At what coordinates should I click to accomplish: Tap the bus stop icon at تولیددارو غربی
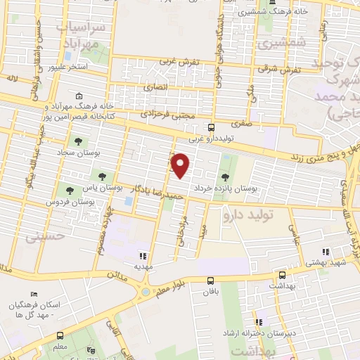tap(212, 127)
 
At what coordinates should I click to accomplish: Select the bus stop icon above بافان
tap(210, 280)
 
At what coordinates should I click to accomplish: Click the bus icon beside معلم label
tap(60, 335)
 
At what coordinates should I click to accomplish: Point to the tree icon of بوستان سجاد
tap(78, 141)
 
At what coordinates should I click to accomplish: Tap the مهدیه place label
tap(143, 268)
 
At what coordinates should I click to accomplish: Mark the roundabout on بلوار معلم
tap(145, 290)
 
